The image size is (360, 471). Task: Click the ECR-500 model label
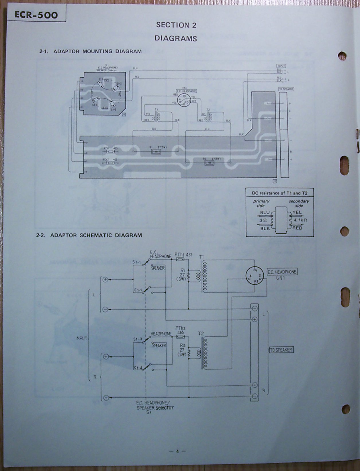tap(36, 15)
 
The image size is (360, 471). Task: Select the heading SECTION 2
tap(176, 25)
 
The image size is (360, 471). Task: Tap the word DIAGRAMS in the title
tap(176, 38)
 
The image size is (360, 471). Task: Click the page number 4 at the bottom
tap(177, 451)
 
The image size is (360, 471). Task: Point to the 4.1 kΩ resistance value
tap(300, 220)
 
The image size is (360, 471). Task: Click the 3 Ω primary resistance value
tap(263, 221)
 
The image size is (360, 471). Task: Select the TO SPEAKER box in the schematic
tap(281, 350)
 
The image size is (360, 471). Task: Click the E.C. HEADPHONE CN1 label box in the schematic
tap(282, 272)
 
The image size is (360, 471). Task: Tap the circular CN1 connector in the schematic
tap(254, 276)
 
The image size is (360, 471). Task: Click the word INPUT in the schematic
tap(81, 338)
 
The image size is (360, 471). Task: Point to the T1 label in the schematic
tap(201, 257)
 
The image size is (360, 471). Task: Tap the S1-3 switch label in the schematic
tap(138, 339)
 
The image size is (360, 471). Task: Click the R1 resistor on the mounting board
tap(156, 152)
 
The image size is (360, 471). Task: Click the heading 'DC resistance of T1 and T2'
tap(279, 193)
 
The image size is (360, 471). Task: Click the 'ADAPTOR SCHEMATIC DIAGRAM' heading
tap(96, 235)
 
